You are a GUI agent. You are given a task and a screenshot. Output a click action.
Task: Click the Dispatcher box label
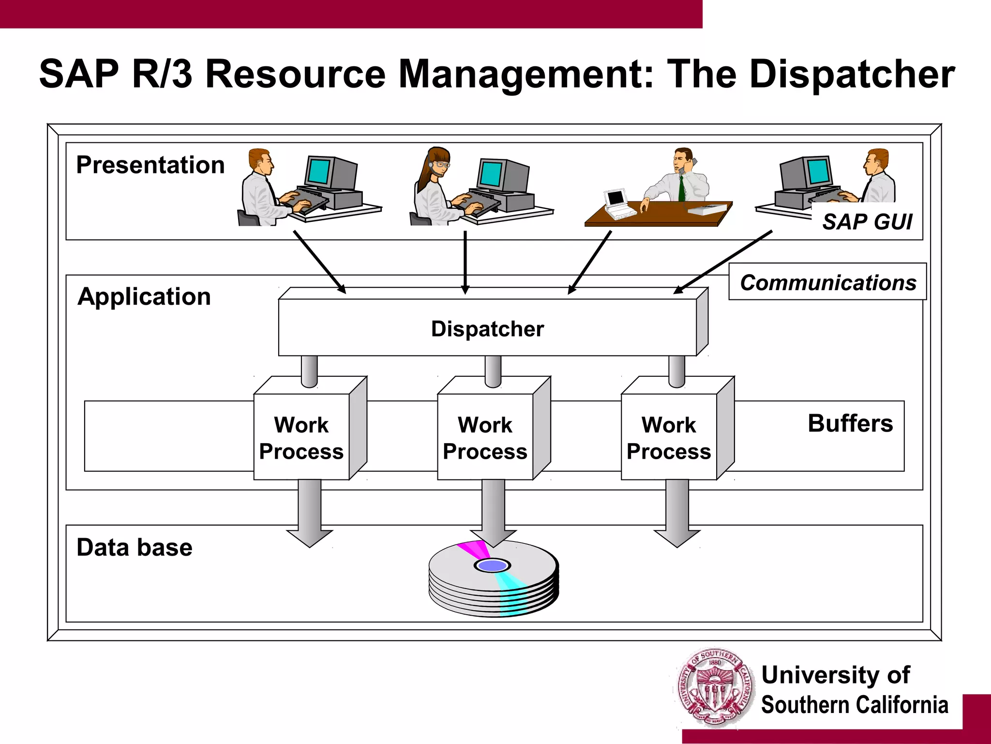pos(487,329)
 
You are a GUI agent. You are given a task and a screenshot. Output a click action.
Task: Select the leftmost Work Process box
pos(301,437)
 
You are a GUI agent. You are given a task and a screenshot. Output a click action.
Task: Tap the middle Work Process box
pos(485,437)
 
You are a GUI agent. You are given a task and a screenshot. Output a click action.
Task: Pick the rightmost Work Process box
pos(669,437)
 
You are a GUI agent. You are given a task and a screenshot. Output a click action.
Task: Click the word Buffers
pos(850,423)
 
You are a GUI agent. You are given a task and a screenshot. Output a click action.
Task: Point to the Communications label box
pos(827,282)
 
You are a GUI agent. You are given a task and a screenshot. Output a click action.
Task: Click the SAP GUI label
pos(867,222)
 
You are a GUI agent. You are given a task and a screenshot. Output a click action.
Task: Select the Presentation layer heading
pos(150,165)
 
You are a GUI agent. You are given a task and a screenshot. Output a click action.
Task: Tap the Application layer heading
pos(144,296)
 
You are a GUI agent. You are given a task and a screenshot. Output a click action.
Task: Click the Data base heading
pos(135,547)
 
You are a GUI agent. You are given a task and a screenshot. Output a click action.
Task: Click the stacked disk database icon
pos(494,579)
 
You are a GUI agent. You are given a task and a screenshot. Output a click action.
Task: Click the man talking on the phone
pos(680,177)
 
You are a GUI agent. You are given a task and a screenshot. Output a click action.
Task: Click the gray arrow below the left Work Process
pos(310,513)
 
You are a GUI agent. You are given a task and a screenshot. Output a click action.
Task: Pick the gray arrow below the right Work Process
pos(677,513)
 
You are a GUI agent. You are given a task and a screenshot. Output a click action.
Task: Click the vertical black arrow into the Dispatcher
pos(465,262)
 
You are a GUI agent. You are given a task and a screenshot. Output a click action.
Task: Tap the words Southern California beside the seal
pos(855,705)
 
